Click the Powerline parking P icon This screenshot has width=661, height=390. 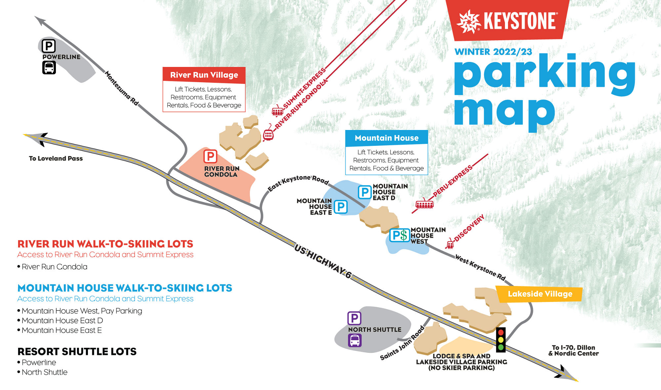(49, 46)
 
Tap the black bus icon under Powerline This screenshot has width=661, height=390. (49, 68)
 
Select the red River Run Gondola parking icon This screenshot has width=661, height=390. (210, 156)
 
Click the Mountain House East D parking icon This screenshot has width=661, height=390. (365, 192)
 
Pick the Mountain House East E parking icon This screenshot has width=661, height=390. (340, 207)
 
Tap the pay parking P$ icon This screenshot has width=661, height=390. (400, 235)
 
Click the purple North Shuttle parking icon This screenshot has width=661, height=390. (354, 318)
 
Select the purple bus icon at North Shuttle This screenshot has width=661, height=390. (355, 340)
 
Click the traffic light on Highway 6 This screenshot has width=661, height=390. (501, 339)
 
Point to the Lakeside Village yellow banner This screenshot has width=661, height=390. (539, 294)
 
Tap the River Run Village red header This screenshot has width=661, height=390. (204, 75)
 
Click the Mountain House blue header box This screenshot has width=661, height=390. (386, 138)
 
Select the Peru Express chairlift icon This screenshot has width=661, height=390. (424, 205)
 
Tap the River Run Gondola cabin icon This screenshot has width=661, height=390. (268, 134)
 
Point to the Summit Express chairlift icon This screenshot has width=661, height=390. (278, 111)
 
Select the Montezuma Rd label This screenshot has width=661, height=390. (121, 88)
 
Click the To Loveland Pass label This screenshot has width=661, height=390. (56, 158)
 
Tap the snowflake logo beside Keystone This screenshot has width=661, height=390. (469, 22)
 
